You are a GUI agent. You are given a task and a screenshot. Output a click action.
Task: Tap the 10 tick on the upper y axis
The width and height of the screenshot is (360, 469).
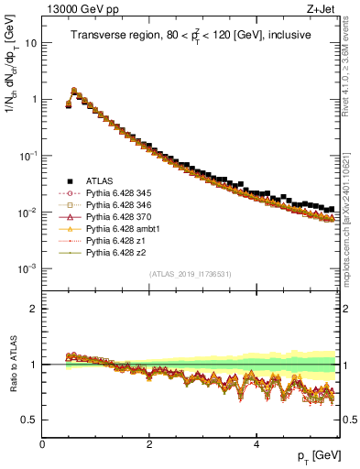[30, 43]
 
